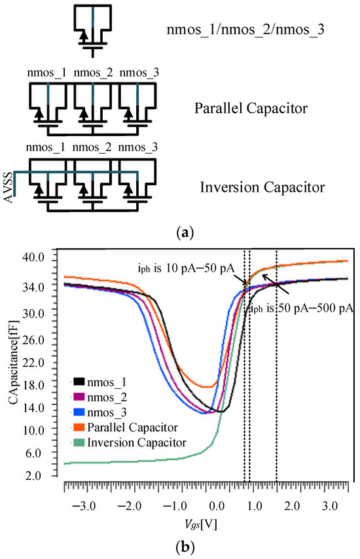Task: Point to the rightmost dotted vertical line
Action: (x=276, y=367)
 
